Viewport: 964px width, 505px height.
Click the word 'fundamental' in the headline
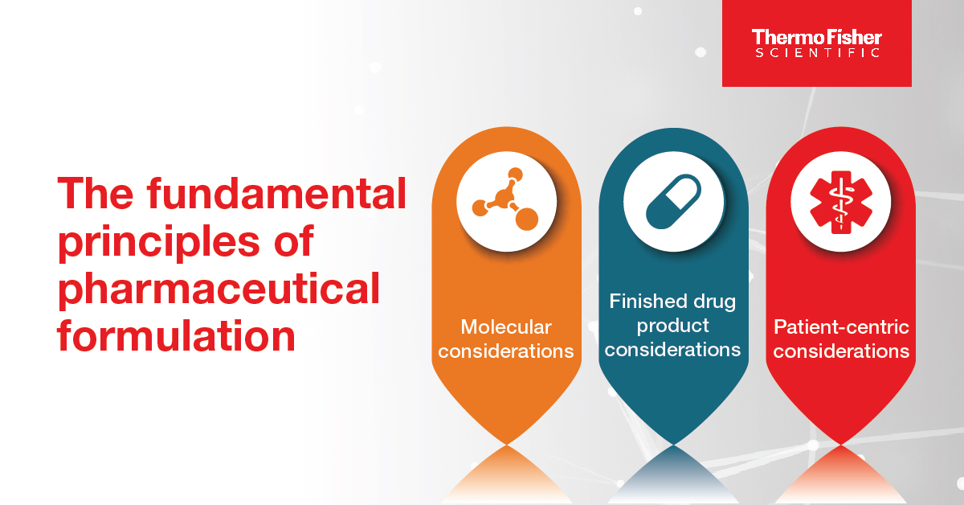click(276, 194)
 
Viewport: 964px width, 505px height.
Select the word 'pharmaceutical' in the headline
click(219, 289)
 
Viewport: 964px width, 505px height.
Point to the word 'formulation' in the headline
click(176, 335)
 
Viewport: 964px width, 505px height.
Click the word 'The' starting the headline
click(96, 194)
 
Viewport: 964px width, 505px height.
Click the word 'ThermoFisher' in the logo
click(816, 38)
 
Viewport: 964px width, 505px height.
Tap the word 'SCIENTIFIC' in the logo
click(817, 52)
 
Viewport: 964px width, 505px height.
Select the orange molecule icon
click(505, 199)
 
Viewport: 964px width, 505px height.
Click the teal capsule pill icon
click(673, 202)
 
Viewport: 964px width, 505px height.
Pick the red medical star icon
click(841, 202)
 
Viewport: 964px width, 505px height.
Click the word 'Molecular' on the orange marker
click(506, 327)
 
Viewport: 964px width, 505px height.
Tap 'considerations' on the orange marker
click(506, 351)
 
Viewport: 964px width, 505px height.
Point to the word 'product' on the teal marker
click(672, 326)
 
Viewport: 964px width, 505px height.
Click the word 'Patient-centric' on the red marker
click(841, 327)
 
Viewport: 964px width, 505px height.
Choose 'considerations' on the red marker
click(841, 351)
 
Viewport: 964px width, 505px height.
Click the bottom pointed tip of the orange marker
click(507, 444)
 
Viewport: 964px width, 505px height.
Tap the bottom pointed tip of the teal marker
click(673, 444)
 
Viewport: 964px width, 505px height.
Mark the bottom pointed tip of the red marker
click(840, 444)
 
